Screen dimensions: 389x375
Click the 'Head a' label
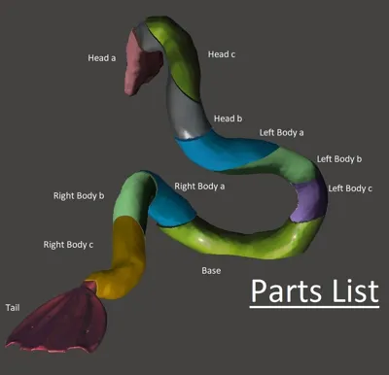102,58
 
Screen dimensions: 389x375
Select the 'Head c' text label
222,54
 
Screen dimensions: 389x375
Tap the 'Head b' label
228,119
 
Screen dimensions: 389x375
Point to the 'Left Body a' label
281,133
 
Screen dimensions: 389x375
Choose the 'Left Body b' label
339,159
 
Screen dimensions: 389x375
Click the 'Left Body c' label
350,188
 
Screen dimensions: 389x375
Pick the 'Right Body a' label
199,187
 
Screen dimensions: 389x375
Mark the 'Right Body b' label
79,196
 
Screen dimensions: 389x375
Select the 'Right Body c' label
68,245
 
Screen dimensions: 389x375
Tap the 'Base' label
211,271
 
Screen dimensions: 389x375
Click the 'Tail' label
13,308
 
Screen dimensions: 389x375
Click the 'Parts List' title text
314,290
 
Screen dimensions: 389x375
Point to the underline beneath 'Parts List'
314,306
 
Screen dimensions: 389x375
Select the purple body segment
309,201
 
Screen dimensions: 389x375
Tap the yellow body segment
124,256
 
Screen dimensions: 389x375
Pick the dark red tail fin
61,321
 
